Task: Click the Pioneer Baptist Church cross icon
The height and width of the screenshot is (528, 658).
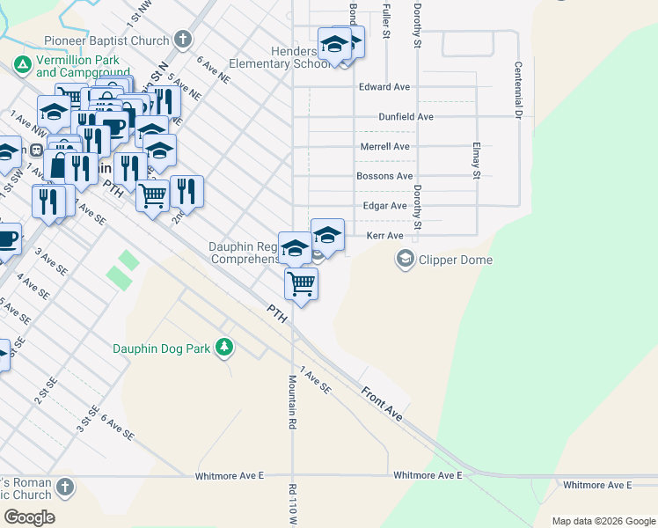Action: [183, 40]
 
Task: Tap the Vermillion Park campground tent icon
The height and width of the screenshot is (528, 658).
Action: [22, 65]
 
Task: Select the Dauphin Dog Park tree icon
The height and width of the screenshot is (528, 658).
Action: [225, 348]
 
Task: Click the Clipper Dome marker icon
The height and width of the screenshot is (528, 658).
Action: [405, 259]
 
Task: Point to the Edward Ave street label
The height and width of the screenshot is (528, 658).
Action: [384, 87]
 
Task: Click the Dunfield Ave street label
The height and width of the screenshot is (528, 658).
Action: [406, 116]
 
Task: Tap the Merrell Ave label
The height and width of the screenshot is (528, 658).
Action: [384, 146]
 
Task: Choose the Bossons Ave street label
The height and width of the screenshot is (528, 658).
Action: [384, 176]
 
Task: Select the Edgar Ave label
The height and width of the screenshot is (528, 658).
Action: [384, 206]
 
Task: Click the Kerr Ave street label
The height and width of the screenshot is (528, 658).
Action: [384, 236]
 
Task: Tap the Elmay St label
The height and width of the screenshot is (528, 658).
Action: [475, 162]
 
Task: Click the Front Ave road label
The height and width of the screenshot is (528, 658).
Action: [381, 402]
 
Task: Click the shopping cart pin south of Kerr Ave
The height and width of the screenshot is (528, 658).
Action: [301, 283]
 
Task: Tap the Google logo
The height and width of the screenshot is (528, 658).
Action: [29, 517]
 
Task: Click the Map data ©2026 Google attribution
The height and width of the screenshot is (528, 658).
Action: [602, 521]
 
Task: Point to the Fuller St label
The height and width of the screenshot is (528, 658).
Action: [385, 22]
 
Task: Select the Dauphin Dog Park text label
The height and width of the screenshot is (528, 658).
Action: [162, 348]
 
